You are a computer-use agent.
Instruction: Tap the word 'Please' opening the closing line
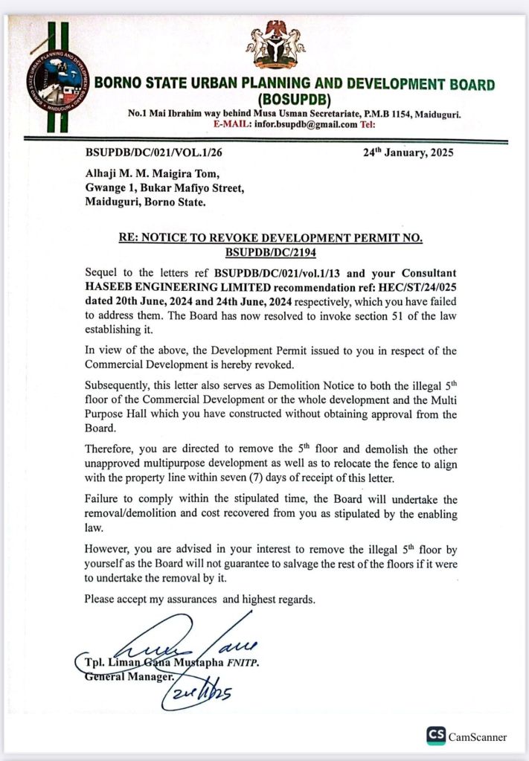click(x=99, y=598)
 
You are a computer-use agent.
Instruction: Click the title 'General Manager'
click(x=129, y=677)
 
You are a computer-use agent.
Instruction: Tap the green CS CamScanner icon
click(x=435, y=736)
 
